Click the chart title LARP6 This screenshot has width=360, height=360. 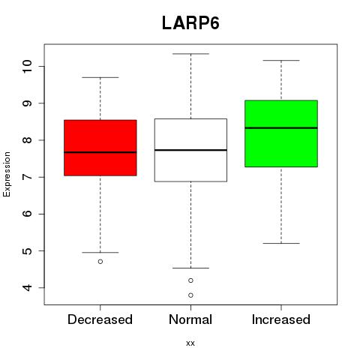point(190,23)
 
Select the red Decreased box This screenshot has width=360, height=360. point(100,148)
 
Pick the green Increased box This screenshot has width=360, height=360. point(281,133)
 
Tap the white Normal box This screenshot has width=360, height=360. point(190,150)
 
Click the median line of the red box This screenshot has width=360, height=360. point(100,152)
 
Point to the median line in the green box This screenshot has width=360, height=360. point(281,127)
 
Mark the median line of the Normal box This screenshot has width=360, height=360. point(190,150)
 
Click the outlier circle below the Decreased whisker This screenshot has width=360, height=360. point(100,262)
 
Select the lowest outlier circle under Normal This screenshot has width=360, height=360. point(190,295)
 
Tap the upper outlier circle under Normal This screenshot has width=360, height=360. point(190,280)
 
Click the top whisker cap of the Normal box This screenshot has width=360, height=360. point(190,54)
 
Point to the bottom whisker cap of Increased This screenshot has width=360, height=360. point(281,243)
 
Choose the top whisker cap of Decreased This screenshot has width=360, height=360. point(100,77)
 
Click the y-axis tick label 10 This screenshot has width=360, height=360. point(27,66)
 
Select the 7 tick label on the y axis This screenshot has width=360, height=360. point(27,177)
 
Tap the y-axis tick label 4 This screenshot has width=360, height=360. point(27,288)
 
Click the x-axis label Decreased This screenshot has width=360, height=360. point(100,319)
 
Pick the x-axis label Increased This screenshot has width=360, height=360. point(281,319)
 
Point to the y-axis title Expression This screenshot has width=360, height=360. point(7,174)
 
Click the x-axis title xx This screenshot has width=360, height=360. point(190,343)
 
